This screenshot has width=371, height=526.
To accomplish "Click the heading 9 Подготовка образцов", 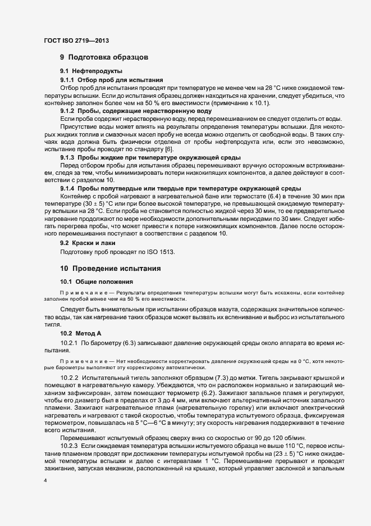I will (104, 57).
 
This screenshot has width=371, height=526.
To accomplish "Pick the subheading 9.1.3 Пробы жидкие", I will (142, 158).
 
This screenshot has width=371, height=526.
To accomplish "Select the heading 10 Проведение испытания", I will (111, 269).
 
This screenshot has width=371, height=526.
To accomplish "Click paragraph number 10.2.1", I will (69, 342).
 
